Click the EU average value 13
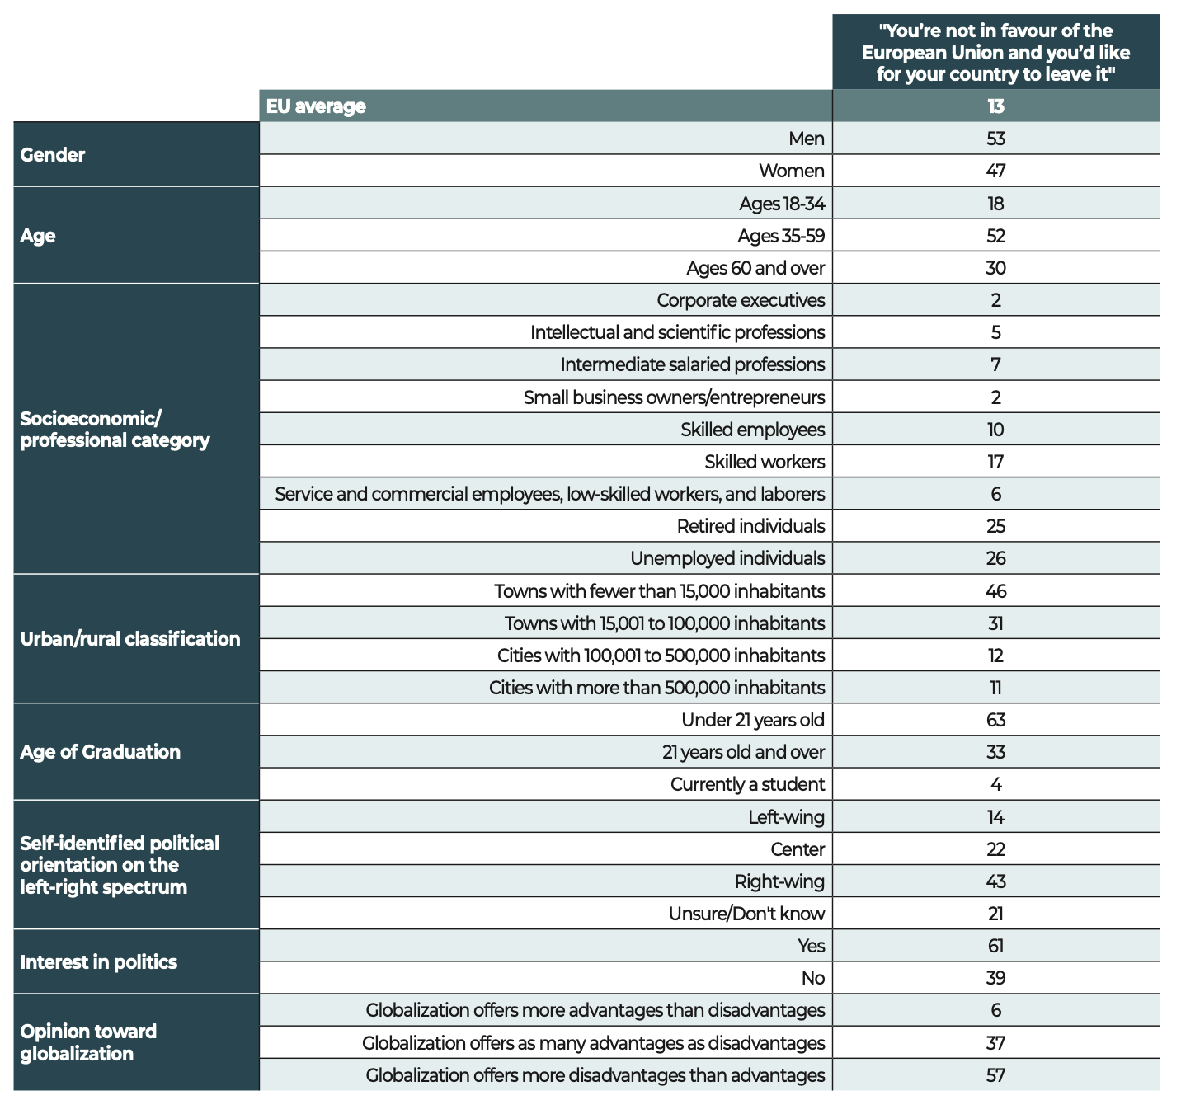995,106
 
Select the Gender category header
52,154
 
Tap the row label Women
792,171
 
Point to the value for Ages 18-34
995,204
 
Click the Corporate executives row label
741,300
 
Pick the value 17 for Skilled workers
995,462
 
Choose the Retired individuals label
750,526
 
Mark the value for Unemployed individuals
995,558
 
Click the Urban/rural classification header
130,638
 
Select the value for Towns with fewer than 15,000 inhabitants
995,591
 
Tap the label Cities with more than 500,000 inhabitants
656,688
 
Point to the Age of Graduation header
100,751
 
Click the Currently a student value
996,784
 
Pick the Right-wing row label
779,881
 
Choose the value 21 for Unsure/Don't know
995,914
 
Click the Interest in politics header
99,962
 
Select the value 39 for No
995,978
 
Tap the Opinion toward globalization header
88,1042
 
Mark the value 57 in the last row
995,1075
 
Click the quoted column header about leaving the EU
995,52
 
